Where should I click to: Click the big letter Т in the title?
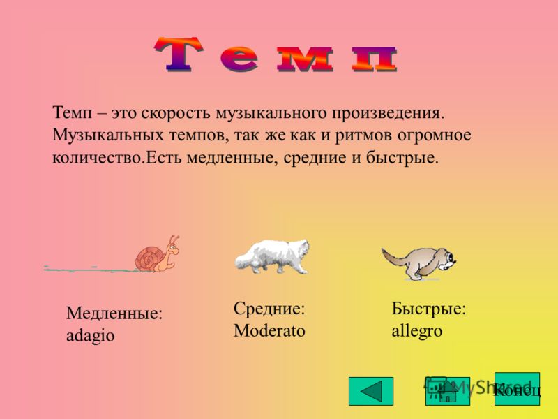(179, 54)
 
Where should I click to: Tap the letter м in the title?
(306, 59)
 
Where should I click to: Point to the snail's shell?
(150, 258)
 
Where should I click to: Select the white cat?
(272, 256)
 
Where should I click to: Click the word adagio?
(91, 336)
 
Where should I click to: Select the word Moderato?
(269, 330)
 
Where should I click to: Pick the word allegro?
(416, 331)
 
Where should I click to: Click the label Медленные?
(114, 314)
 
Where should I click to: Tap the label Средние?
(269, 308)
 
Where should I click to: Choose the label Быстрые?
(429, 308)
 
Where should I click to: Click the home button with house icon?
(448, 391)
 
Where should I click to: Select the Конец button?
(517, 389)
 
